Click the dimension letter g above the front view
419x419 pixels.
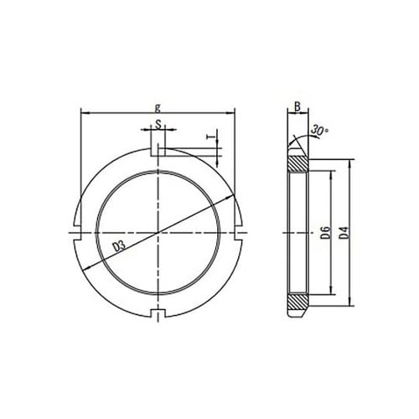[158, 106]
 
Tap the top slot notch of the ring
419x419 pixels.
[158, 151]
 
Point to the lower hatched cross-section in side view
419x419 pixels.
[297, 301]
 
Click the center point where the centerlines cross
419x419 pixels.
[158, 231]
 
